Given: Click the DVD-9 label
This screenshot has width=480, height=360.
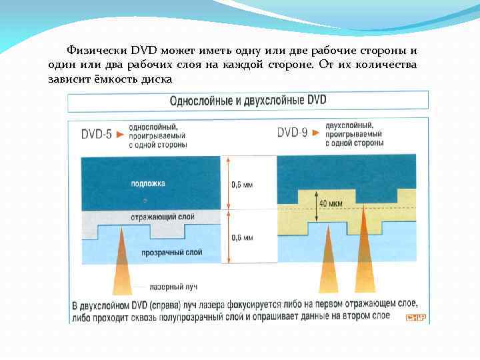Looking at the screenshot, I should [x=292, y=133].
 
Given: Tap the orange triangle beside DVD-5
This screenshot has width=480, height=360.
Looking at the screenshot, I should [x=120, y=134].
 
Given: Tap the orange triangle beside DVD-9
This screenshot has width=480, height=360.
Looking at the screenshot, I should [x=316, y=133].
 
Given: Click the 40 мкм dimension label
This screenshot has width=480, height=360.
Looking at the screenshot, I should [x=331, y=203].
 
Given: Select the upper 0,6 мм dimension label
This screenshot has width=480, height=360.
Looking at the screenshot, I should [x=241, y=185].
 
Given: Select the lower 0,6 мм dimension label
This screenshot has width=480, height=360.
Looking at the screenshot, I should [x=241, y=237].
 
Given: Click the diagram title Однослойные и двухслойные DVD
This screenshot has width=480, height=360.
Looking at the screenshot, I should [x=248, y=101].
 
